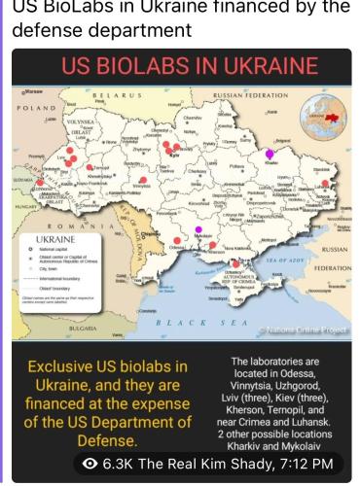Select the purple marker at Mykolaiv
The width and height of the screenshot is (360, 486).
click(x=198, y=229)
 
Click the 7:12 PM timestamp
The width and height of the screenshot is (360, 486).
click(x=309, y=465)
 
